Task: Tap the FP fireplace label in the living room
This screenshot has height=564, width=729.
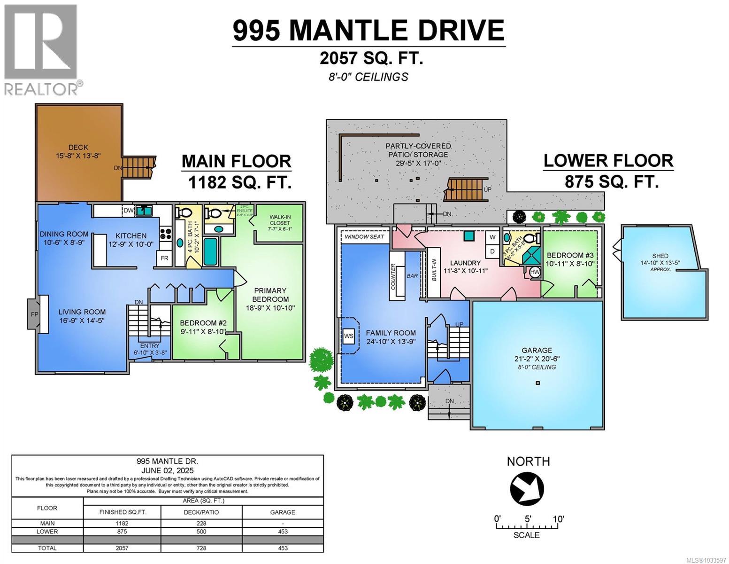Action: pyautogui.click(x=34, y=314)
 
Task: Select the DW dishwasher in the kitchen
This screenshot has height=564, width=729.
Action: pyautogui.click(x=128, y=211)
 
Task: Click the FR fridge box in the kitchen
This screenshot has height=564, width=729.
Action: pyautogui.click(x=164, y=258)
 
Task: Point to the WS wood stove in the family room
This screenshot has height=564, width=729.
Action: pyautogui.click(x=348, y=336)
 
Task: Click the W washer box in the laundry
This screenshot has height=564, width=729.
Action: pyautogui.click(x=492, y=237)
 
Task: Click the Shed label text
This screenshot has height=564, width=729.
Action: pyautogui.click(x=660, y=256)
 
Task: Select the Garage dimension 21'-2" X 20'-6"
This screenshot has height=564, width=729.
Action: pyautogui.click(x=537, y=359)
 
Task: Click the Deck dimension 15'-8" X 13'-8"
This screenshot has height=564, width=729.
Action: pyautogui.click(x=78, y=156)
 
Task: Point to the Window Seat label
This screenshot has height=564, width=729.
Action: pyautogui.click(x=364, y=237)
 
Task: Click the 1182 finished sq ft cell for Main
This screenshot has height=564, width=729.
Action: pyautogui.click(x=122, y=523)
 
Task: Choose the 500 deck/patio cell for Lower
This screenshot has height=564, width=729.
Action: pyautogui.click(x=201, y=532)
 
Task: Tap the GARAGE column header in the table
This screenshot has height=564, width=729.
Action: pyautogui.click(x=283, y=512)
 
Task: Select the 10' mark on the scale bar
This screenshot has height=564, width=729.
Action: pyautogui.click(x=558, y=519)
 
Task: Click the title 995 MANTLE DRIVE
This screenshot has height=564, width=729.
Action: pyautogui.click(x=368, y=31)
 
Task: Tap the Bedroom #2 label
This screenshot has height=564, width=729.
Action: pyautogui.click(x=203, y=323)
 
